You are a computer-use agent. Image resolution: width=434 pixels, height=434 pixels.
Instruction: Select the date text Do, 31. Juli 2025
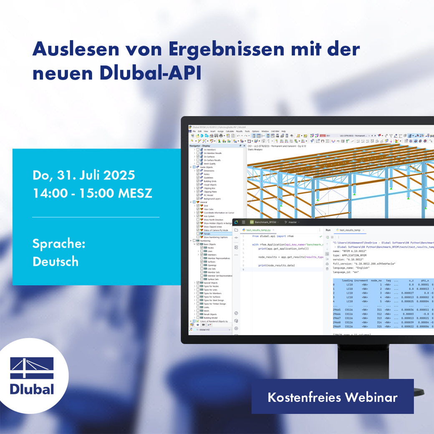click(84, 175)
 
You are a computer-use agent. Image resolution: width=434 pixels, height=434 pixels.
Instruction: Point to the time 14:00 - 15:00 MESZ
click(92, 193)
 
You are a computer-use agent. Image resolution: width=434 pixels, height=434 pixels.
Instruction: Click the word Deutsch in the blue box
click(56, 262)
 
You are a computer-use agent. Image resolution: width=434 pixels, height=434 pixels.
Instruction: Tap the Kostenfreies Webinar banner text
click(333, 397)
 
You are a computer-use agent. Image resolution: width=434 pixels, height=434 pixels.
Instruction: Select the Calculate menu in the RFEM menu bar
click(230, 131)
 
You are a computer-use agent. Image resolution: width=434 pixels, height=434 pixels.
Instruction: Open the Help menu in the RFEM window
click(283, 131)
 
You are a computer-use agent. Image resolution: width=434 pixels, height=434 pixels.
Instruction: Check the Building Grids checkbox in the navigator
click(198, 181)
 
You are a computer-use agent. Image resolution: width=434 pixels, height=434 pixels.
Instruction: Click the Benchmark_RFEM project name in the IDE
click(265, 222)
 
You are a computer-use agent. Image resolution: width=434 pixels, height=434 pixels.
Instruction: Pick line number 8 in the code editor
click(243, 265)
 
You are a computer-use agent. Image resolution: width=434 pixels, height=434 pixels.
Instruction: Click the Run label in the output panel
click(328, 230)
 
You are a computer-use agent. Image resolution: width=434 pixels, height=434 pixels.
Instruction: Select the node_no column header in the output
click(376, 280)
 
